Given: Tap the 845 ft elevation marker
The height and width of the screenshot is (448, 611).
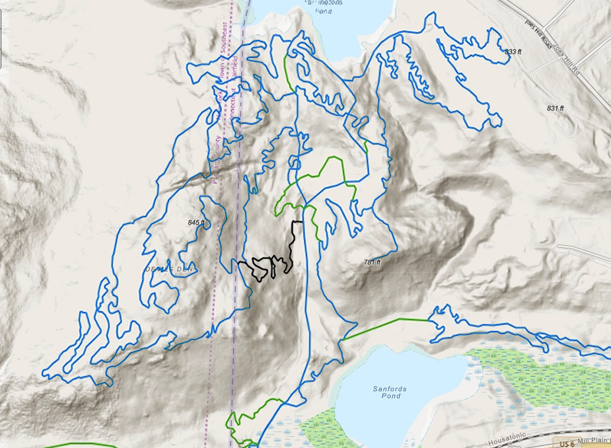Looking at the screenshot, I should [197, 223].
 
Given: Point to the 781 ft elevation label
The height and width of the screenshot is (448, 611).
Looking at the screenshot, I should [373, 262].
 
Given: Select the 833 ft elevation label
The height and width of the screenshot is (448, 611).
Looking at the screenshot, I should [513, 52].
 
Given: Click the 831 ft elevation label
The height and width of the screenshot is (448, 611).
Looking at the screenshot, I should [556, 108].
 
